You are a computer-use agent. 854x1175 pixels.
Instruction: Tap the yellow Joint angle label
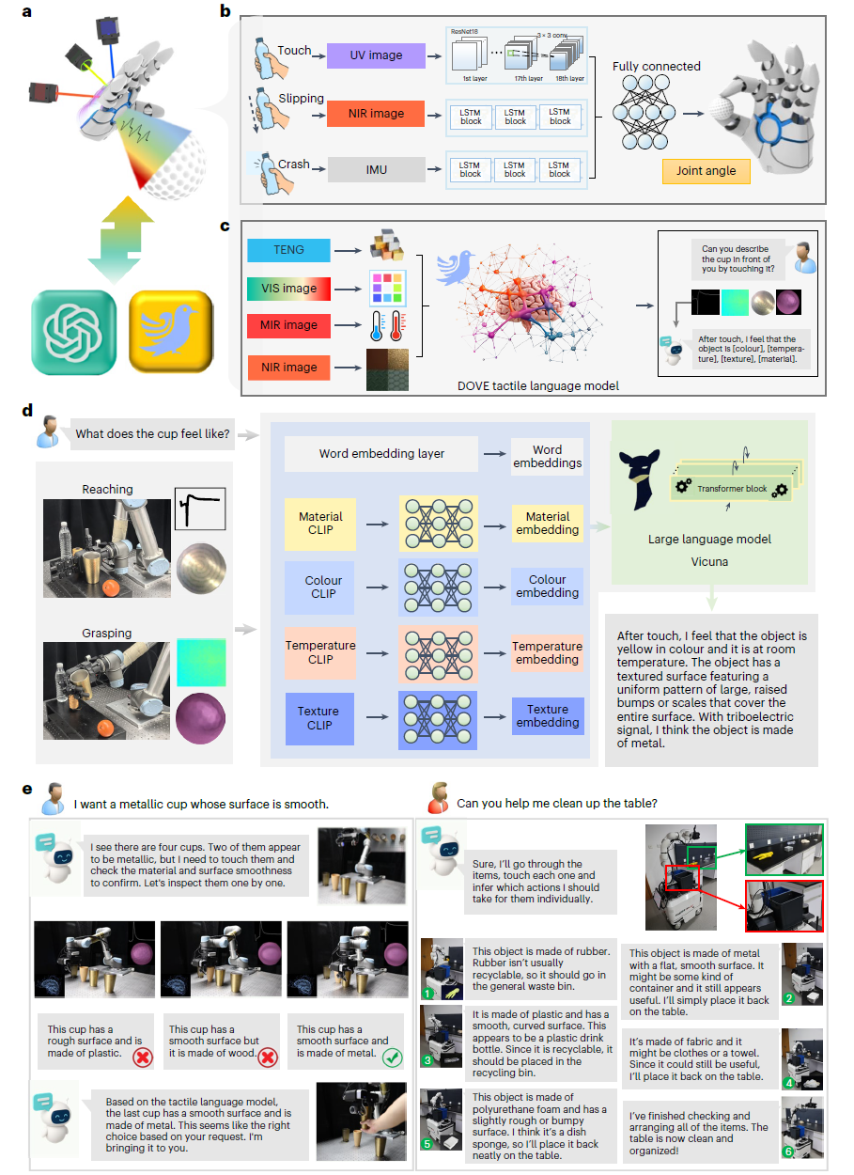(x=706, y=171)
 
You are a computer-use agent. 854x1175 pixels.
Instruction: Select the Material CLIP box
(x=320, y=524)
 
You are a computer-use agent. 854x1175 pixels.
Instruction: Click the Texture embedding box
(x=548, y=716)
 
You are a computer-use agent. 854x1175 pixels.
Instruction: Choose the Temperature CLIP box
(x=320, y=652)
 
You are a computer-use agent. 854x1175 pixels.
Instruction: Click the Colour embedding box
(x=548, y=587)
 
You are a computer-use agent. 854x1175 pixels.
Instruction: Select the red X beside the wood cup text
(x=269, y=1057)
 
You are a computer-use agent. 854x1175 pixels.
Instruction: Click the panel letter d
(x=27, y=411)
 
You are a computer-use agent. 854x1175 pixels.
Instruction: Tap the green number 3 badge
(x=429, y=1059)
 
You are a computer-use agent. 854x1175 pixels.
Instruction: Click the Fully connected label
(x=656, y=66)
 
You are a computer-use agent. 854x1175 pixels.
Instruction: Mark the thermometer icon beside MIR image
(x=382, y=325)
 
